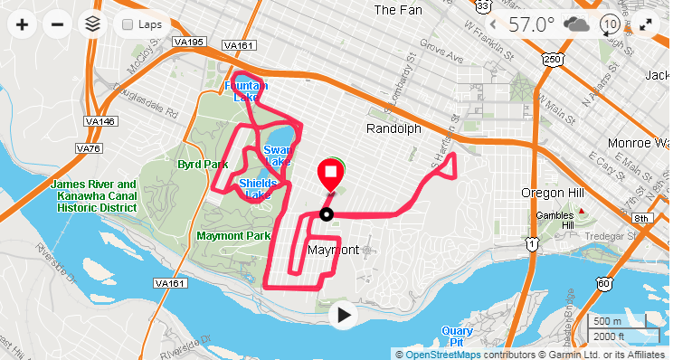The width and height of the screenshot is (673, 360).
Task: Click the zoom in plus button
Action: click(22, 24)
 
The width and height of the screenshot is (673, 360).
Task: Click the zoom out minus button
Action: click(56, 24)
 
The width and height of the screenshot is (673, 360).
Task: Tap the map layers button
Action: click(90, 24)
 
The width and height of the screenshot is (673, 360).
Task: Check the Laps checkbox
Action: click(128, 24)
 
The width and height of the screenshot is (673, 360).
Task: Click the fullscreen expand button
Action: click(646, 24)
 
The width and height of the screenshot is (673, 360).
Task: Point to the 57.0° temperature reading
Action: click(530, 24)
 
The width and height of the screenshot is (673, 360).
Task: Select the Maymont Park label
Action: click(233, 236)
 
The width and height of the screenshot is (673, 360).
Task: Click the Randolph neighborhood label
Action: click(393, 129)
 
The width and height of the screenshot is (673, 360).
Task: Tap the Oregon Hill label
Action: click(552, 193)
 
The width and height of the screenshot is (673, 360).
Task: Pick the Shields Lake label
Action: click(259, 188)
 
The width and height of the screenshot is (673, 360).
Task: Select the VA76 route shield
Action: click(89, 148)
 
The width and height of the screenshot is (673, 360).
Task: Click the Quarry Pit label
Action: click(458, 336)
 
